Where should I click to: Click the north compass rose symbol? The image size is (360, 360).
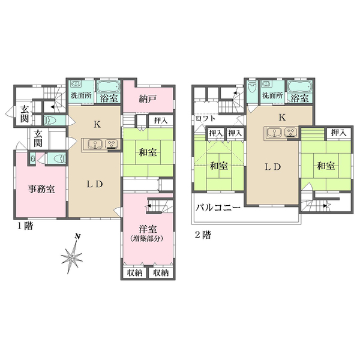[73, 257]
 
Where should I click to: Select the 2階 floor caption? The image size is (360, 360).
[203, 235]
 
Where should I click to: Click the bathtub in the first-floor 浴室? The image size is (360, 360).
[109, 85]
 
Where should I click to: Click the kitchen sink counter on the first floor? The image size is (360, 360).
[100, 143]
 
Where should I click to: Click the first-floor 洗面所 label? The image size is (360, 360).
[80, 96]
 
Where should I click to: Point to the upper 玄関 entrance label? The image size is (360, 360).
[24, 112]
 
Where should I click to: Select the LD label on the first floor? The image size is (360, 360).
[97, 184]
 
